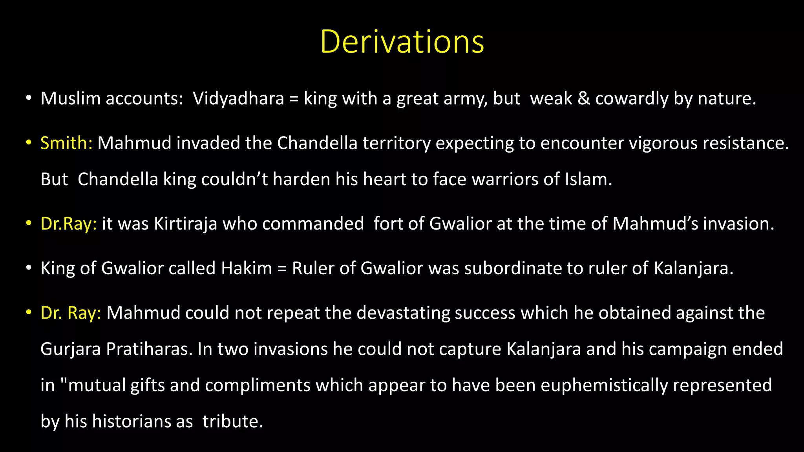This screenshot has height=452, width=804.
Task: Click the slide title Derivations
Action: pos(402,42)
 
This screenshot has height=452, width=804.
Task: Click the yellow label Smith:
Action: pos(66,143)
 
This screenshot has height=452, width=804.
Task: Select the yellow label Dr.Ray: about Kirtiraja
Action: pos(69,224)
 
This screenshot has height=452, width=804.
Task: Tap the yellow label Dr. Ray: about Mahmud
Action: pos(71,313)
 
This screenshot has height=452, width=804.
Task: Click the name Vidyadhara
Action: pos(238,98)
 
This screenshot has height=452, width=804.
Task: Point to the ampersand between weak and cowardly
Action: pos(584,98)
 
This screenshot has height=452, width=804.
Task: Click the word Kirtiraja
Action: pos(185,224)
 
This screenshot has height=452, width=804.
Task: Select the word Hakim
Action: pos(247,268)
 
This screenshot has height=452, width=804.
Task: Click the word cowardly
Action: pos(632,98)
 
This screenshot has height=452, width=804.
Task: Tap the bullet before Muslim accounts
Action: pos(28,98)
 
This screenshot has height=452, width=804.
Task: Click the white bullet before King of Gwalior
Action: pos(28,268)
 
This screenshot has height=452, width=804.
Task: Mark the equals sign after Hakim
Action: pos(282,269)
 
